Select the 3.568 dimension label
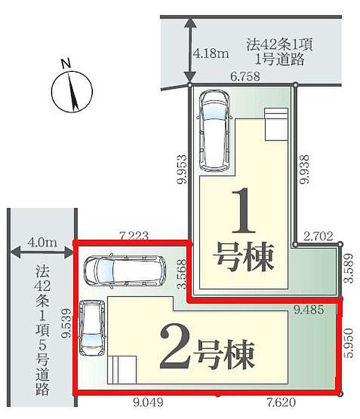point(181,272)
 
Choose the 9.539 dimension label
point(67,323)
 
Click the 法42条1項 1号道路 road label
point(272,51)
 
